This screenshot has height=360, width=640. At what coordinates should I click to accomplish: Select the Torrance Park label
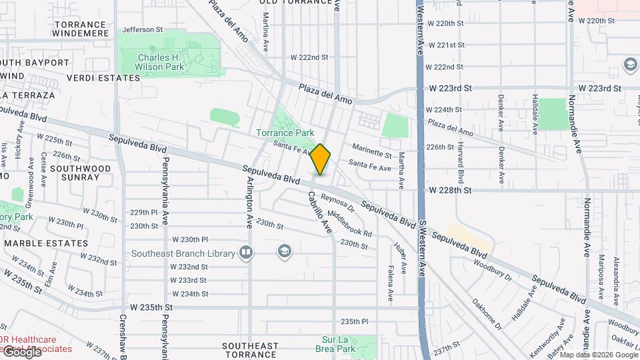pos(285,133)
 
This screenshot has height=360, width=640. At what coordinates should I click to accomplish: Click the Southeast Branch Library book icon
pos(247,253)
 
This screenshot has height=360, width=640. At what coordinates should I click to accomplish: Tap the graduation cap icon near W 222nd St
pos(629,64)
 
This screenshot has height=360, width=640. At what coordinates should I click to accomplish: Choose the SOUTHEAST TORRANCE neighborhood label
pos(250,350)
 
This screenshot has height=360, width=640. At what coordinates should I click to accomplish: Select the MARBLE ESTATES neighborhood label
pos(46,243)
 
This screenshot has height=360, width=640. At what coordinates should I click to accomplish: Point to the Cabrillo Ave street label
pos(319,212)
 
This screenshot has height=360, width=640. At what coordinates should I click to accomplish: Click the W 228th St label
pos(450,190)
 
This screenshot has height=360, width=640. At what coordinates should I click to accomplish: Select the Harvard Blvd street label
pos(461,163)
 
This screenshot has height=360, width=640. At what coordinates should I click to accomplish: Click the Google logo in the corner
pos(23,351)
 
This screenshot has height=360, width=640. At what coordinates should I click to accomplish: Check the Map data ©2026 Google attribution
pos(598,355)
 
